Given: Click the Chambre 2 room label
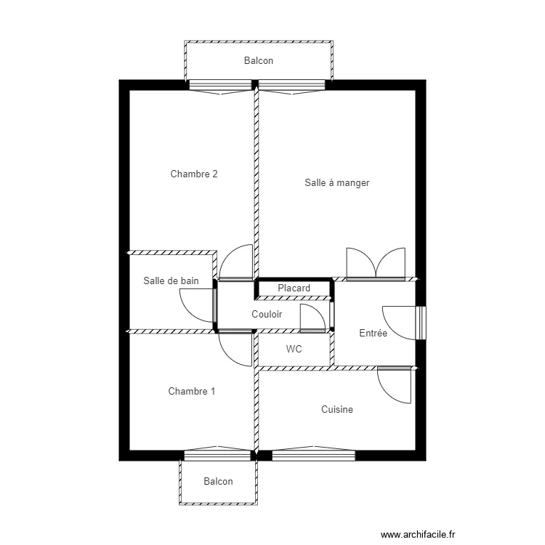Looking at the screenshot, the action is (x=194, y=174).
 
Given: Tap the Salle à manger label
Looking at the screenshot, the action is (x=336, y=183).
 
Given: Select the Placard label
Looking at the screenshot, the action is (x=294, y=288).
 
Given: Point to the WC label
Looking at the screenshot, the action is (x=294, y=349).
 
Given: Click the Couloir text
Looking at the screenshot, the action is (x=267, y=314).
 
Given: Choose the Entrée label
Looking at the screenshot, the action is (x=373, y=333).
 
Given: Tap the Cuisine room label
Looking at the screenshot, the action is (x=336, y=409).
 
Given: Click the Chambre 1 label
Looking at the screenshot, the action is (x=192, y=392).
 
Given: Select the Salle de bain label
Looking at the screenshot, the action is (x=171, y=280).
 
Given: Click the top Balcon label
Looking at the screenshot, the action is (x=258, y=61).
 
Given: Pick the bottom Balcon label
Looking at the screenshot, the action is (x=218, y=481).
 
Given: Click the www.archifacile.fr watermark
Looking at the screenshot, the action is (x=418, y=534).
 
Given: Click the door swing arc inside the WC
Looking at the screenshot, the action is (x=319, y=310).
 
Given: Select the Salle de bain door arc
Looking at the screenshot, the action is (x=190, y=312).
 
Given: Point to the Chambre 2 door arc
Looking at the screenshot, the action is (x=228, y=255).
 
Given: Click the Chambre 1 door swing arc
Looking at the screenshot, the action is (x=228, y=356).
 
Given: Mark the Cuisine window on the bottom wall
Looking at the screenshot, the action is (x=313, y=456).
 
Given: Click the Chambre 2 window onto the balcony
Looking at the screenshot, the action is (x=220, y=85).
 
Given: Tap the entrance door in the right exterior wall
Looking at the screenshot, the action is (x=421, y=323).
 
